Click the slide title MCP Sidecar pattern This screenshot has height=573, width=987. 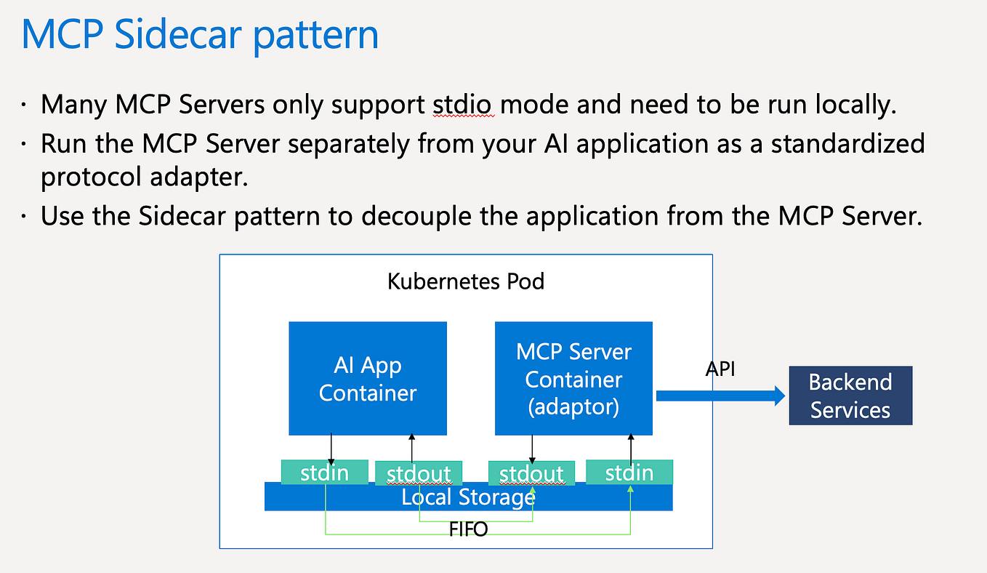point(200,35)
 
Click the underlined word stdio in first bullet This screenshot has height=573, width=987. point(463,105)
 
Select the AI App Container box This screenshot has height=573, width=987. point(368,379)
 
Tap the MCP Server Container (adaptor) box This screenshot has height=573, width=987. point(573,379)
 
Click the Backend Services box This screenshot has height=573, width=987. point(850,396)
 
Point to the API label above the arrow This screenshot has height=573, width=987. point(720,369)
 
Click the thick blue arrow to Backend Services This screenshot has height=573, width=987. point(720,396)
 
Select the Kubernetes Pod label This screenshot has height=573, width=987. point(466,281)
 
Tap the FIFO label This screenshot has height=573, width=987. point(467,529)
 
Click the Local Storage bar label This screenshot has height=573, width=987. point(468,497)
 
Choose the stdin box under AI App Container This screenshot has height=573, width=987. point(324,473)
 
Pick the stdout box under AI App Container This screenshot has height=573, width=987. point(419,474)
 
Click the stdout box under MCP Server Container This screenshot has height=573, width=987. point(531,474)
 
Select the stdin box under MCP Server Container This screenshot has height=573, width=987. point(629,473)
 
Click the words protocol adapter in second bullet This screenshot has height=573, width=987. point(145,177)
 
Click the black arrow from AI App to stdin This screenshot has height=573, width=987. point(331,449)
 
